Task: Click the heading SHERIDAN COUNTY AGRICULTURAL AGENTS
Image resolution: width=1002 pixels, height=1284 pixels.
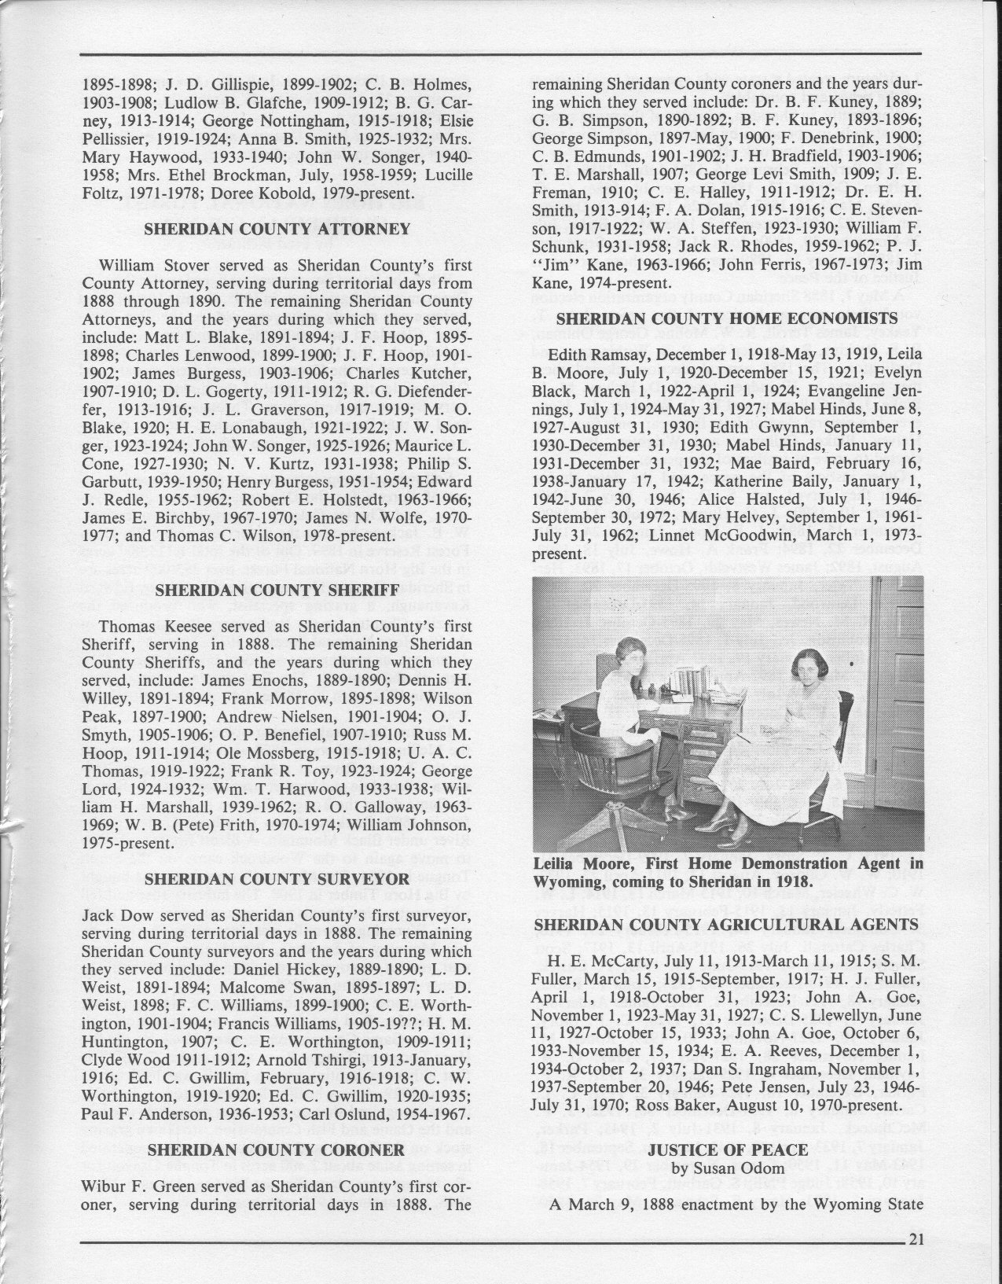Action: click(x=727, y=925)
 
